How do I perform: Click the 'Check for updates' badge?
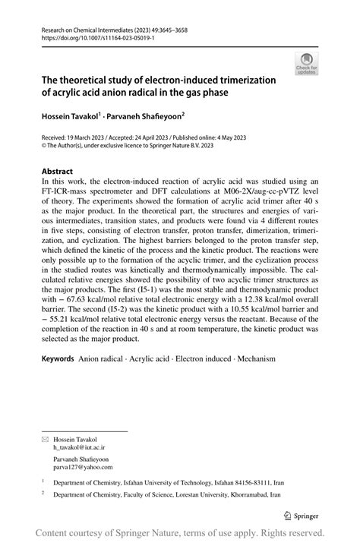(308, 63)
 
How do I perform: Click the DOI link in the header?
(85, 36)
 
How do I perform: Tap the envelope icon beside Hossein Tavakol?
(44, 439)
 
